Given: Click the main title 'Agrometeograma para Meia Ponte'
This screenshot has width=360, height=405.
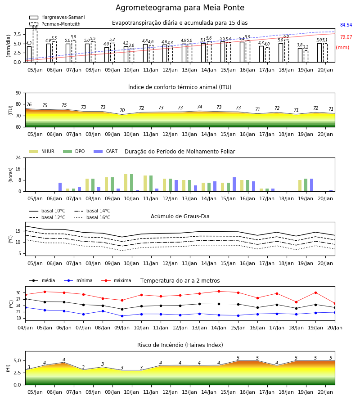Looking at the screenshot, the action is (x=180, y=8).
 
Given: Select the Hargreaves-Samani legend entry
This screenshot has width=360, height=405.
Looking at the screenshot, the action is (x=57, y=17).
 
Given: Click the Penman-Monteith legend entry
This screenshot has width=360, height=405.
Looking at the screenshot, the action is (x=55, y=24).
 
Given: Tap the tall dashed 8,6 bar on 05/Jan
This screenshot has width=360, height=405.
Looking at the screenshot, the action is (x=35, y=46).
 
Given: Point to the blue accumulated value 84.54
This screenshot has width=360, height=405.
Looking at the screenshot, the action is (x=346, y=25).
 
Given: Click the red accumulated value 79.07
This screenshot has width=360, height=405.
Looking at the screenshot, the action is (x=346, y=37).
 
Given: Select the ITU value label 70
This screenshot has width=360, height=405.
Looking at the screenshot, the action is (x=122, y=111).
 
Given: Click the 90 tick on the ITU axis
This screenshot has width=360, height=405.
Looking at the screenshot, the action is (x=18, y=93).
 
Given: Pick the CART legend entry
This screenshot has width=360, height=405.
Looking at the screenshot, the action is (x=106, y=151).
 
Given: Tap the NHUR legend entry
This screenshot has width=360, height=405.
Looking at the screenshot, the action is (x=42, y=151).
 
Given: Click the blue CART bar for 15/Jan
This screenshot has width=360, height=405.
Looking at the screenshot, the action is (x=234, y=184).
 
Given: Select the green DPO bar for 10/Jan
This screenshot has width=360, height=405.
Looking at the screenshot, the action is (x=132, y=183).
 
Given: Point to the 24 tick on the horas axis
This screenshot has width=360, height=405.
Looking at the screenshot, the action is (x=18, y=157).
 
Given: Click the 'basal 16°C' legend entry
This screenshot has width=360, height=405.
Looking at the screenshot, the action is (x=92, y=218).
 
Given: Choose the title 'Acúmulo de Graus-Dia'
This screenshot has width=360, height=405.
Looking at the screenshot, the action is (x=180, y=216).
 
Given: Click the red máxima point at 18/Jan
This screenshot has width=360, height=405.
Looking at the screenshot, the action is (x=296, y=302).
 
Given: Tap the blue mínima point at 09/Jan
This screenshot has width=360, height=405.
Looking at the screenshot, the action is (x=122, y=316).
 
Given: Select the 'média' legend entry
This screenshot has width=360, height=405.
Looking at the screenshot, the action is (x=42, y=280).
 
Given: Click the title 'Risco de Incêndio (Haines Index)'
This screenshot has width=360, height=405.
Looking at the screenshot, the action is (x=180, y=345).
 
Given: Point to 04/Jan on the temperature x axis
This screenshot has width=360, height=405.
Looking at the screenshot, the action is (x=25, y=328).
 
